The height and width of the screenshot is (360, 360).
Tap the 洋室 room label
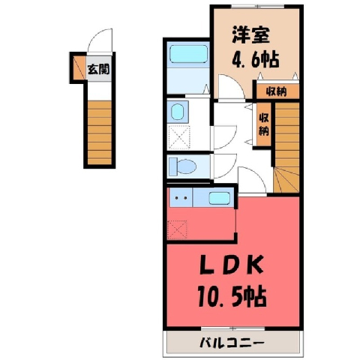coord(251,35)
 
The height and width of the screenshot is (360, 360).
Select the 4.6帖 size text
coord(256,60)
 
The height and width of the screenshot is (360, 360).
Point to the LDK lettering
coord(232,265)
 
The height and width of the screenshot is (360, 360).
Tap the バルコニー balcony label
coord(232,343)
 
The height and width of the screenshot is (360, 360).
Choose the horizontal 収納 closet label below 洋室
coord(276,91)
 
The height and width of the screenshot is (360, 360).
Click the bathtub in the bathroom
coord(188,54)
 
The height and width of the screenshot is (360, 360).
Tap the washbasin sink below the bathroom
coord(178,112)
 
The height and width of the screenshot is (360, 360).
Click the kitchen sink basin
coord(219,198)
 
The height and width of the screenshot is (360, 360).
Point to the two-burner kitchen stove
coord(181,197)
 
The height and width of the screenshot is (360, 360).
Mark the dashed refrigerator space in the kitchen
coord(177,229)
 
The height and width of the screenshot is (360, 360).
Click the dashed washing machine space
coord(178,137)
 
